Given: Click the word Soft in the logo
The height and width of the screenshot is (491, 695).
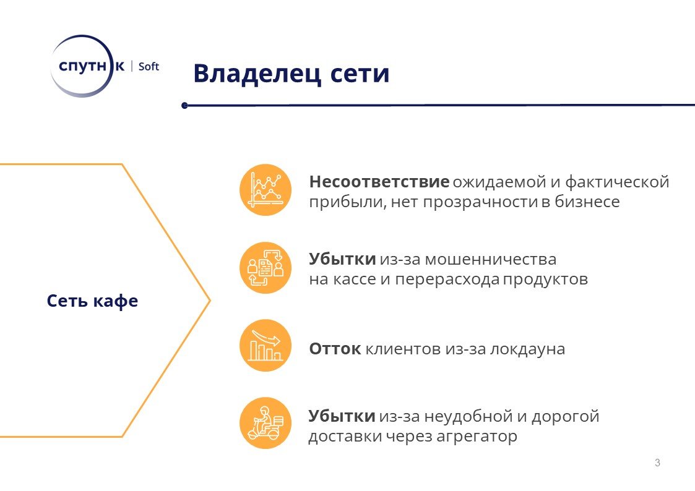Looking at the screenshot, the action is coord(149,66).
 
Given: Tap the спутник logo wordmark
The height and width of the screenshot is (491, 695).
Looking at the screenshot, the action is coord(92,66).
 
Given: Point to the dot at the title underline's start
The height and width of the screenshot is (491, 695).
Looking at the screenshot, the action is coord(185,105).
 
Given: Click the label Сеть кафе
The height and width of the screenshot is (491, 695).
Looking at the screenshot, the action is coord(92,301).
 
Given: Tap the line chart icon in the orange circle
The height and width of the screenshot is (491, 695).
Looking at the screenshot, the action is coord(265,190).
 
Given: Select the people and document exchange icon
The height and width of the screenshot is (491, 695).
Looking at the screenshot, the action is coord(265,268).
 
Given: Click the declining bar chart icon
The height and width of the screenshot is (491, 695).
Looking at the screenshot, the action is coord(265,345).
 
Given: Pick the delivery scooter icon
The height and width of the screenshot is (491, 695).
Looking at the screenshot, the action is coord(265,423).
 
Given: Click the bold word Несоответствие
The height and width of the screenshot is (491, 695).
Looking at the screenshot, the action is coord(379,182).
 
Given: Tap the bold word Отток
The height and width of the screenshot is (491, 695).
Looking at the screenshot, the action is coord(335,349).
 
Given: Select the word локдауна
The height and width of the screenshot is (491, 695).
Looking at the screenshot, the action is coord(527,349).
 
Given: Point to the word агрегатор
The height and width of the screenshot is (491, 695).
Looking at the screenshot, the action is coord(477,437).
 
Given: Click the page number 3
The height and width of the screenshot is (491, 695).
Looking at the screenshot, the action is coord(657,463).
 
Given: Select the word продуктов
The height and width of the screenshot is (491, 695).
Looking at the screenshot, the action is coord(545,280).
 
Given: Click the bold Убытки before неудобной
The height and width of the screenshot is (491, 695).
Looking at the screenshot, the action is coord(342,416).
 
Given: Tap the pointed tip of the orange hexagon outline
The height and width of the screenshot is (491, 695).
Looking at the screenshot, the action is coord(210,301).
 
